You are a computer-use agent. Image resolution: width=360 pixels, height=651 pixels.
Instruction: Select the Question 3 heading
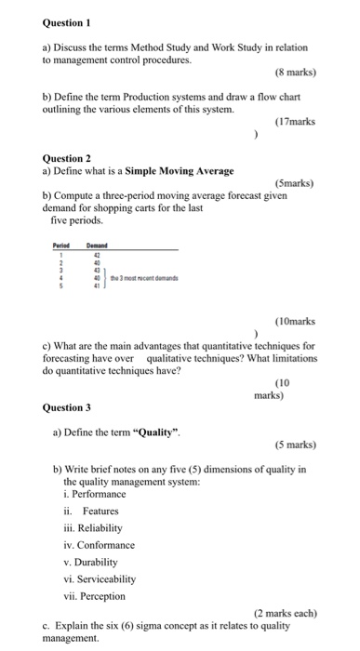click(67, 406)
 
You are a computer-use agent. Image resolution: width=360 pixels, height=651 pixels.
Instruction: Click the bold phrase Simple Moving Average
click(180, 170)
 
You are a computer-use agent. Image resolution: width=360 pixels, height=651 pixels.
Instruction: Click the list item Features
click(100, 511)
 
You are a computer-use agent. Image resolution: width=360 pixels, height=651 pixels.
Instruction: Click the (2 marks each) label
click(285, 613)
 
